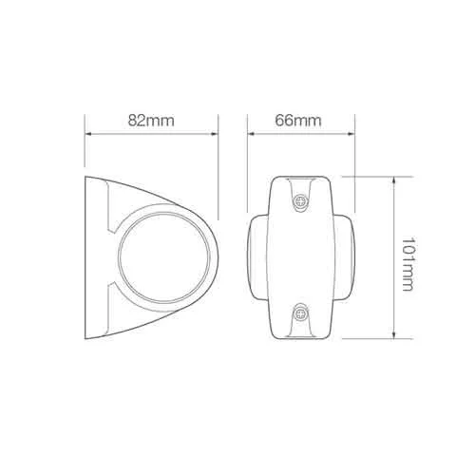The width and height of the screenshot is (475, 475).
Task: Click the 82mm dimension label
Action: point(151,121)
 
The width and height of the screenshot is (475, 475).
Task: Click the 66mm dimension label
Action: point(298,121)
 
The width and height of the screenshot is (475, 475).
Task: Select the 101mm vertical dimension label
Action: point(408,264)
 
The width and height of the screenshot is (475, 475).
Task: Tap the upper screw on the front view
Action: point(300,200)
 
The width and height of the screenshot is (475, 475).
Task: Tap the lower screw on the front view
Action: point(300,313)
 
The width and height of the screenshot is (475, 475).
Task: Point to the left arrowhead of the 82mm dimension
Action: point(88,134)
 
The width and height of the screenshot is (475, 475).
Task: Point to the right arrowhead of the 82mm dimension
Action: point(215,134)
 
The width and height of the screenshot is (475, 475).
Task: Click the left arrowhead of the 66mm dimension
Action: point(251,134)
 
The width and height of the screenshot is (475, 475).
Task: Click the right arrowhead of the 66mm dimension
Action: point(351,134)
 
